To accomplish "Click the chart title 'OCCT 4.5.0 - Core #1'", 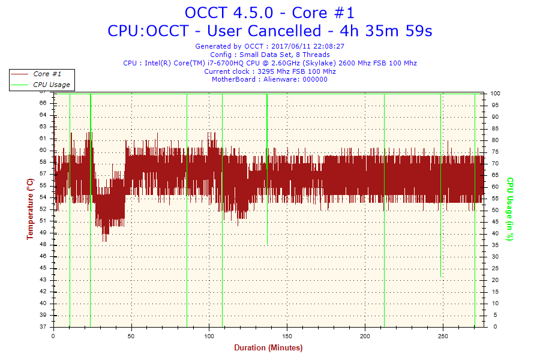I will pos(269,13).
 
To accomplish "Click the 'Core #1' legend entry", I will pos(47,74).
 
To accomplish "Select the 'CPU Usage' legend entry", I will pos(51,85).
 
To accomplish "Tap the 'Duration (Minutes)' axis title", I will pos(268,348).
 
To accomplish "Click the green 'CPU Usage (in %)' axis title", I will pos(510,209).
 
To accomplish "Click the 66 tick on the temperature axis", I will pos(43,103).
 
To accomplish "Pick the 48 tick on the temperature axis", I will pos(43,244).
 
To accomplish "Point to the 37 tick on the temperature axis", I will pos(43,327).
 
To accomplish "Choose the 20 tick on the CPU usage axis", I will pos(494,280).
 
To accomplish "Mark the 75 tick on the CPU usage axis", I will pos(494,152).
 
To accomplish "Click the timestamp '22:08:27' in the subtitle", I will pos(329,46).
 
